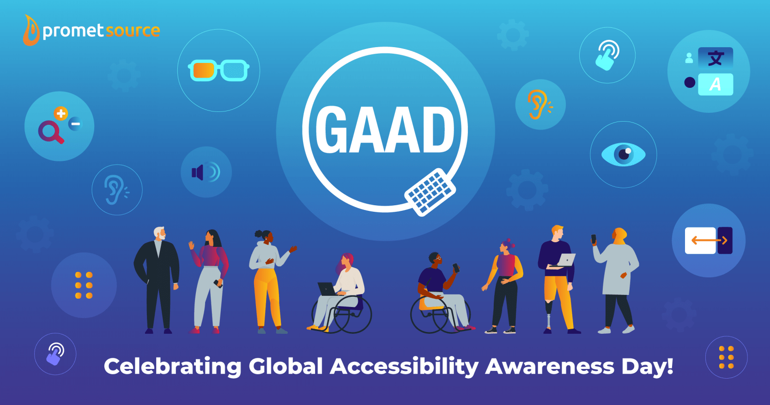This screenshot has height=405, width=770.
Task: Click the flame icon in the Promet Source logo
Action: (31, 31)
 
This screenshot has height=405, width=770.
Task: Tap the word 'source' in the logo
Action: (133, 31)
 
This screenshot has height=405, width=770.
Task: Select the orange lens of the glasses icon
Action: (203, 71)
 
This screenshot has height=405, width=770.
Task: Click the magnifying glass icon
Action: (50, 132)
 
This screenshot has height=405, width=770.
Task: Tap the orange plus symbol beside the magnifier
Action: (61, 113)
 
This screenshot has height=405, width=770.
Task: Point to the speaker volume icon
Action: (206, 172)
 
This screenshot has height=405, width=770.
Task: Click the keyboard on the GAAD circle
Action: (430, 192)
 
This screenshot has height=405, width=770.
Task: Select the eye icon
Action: (623, 154)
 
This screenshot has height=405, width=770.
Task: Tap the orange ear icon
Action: (539, 104)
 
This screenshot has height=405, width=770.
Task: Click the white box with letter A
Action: (715, 84)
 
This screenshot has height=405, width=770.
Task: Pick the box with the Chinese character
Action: (715, 58)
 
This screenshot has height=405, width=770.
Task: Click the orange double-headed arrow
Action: (709, 240)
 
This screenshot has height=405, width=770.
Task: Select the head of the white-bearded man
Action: (159, 234)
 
